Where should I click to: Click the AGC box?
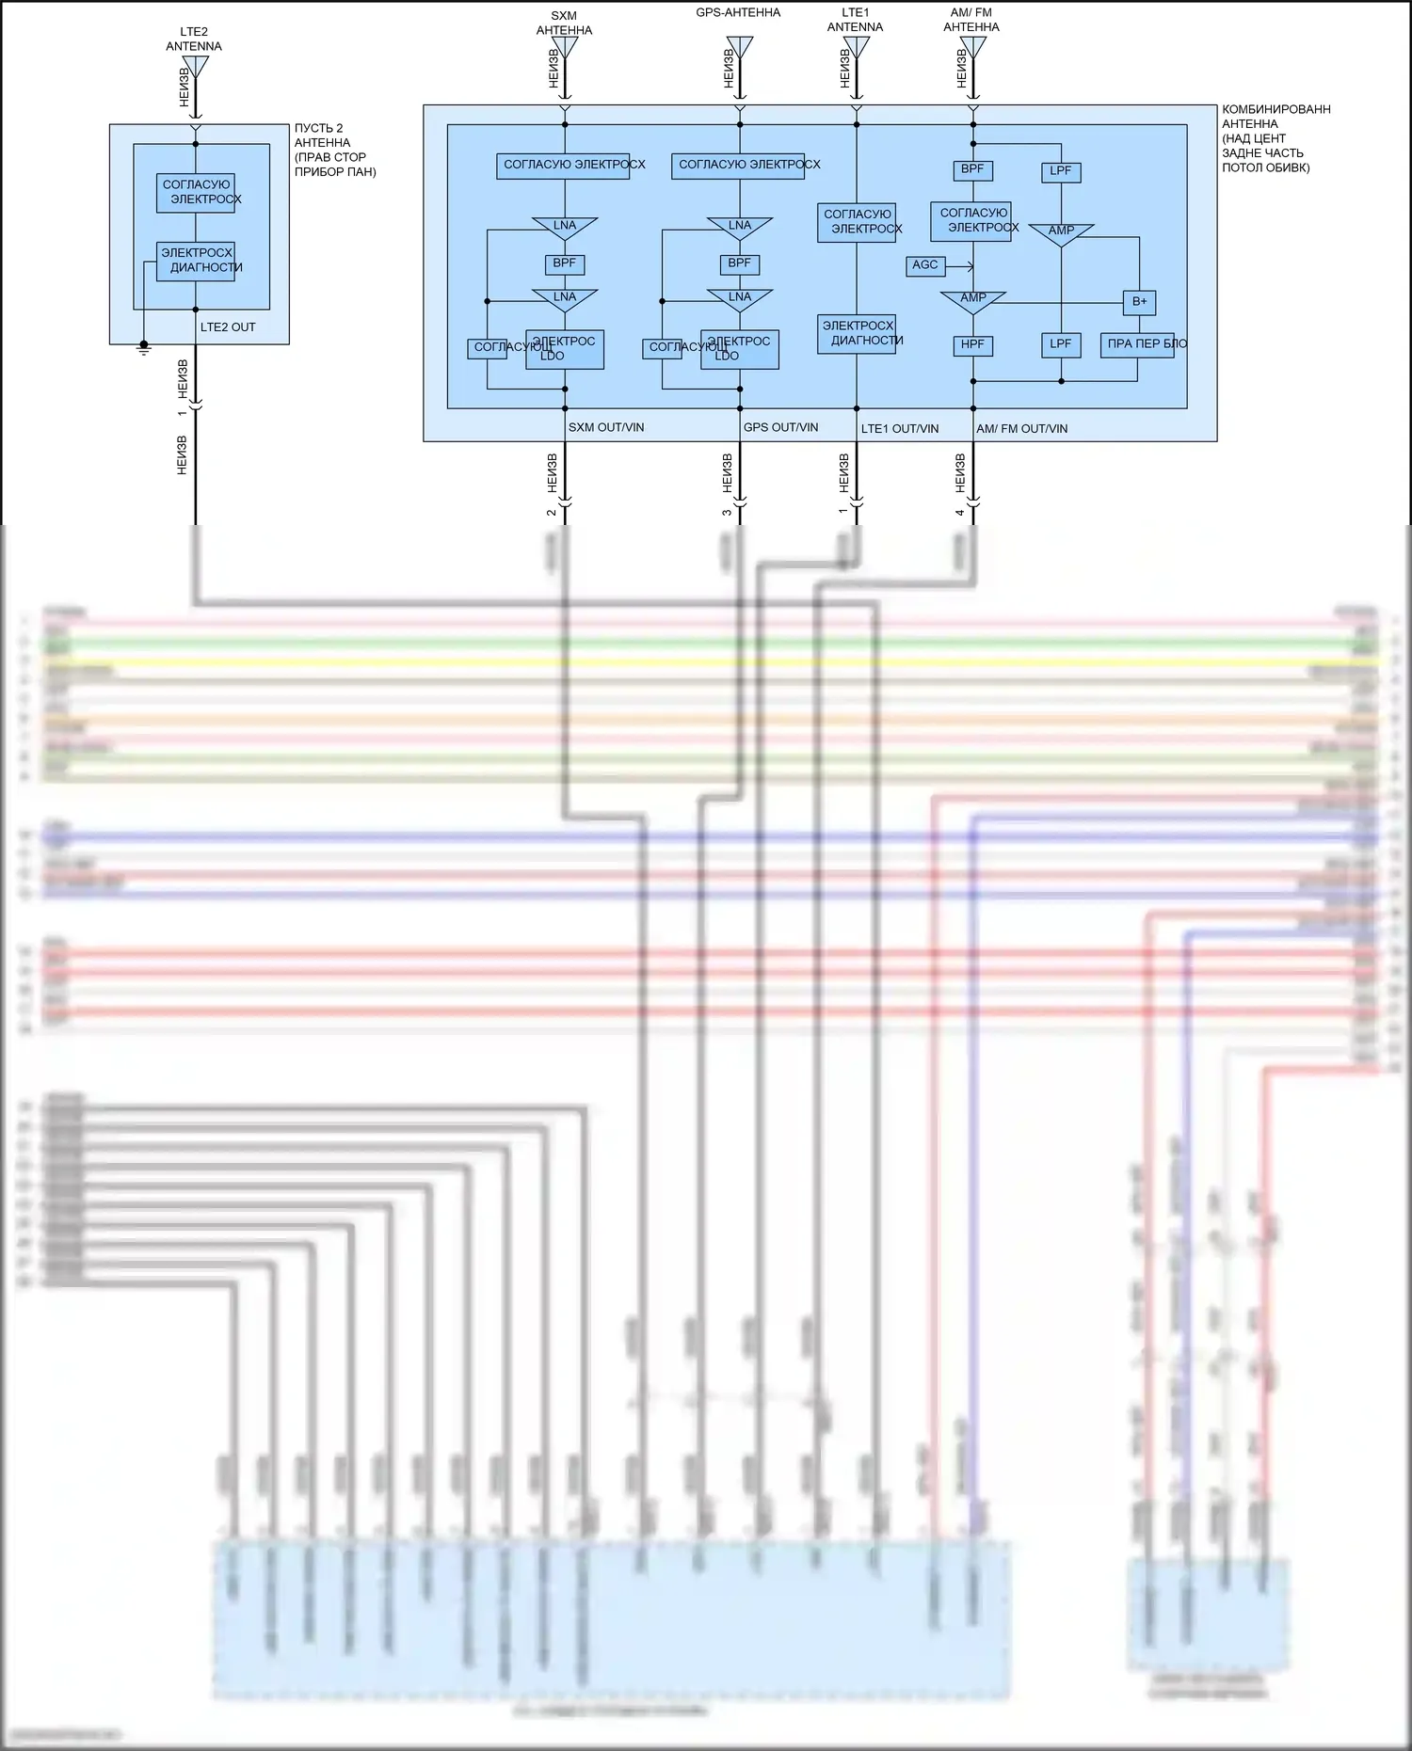coord(925,265)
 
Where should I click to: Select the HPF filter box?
coord(972,345)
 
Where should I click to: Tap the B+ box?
coord(1139,302)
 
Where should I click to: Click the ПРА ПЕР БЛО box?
coord(1137,344)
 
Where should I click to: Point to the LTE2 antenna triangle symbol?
coord(195,66)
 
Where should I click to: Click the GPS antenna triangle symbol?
coord(740,47)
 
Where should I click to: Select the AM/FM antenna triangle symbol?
coord(972,47)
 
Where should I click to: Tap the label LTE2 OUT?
coord(228,327)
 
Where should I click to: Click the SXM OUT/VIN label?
coord(606,428)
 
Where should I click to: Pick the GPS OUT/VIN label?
coord(780,428)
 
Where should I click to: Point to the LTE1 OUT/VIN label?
coord(900,429)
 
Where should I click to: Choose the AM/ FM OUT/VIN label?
coord(1021,429)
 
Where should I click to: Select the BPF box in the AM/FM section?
coord(972,170)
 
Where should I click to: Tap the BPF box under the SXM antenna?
coord(565,264)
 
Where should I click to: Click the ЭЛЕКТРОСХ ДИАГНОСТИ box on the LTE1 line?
coord(857,334)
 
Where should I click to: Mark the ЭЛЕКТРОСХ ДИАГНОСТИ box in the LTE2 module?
coord(196,261)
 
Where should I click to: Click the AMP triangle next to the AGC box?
coord(972,300)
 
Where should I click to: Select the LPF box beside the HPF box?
coord(1061,345)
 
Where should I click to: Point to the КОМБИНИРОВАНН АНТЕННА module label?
coord(1276,138)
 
